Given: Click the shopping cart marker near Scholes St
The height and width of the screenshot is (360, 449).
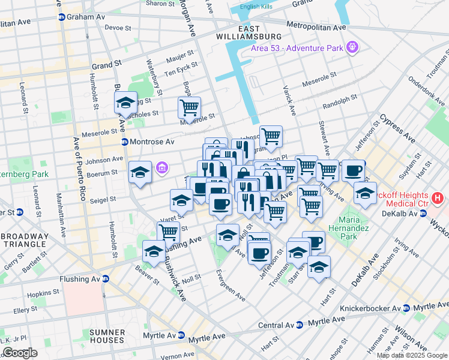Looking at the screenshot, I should click(x=189, y=109).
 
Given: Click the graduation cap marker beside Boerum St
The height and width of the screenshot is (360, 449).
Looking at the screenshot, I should click(x=140, y=173).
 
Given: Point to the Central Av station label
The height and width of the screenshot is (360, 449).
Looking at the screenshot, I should click(x=280, y=325).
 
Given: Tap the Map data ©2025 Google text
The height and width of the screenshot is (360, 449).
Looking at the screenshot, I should click(x=411, y=355).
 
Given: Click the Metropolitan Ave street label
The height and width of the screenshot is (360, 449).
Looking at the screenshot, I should click(x=316, y=26).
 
